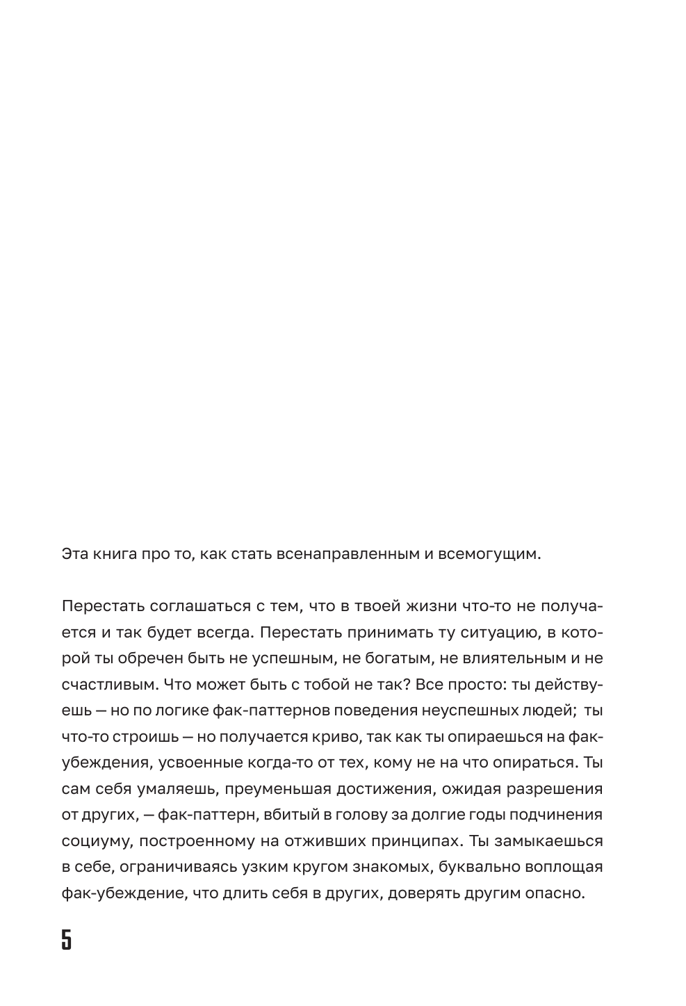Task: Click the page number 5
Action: [x=67, y=939]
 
